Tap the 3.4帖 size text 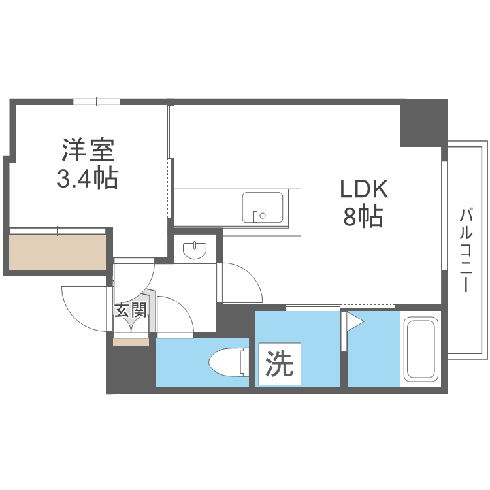pyautogui.click(x=88, y=178)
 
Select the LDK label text pyautogui.click(x=363, y=189)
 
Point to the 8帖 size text pyautogui.click(x=363, y=217)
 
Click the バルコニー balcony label pyautogui.click(x=466, y=250)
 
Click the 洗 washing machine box pyautogui.click(x=279, y=363)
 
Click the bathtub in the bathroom pyautogui.click(x=420, y=350)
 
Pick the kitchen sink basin pyautogui.click(x=263, y=207)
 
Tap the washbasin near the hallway pyautogui.click(x=195, y=250)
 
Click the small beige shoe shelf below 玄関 pyautogui.click(x=131, y=341)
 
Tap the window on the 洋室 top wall pyautogui.click(x=96, y=101)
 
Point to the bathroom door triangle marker pyautogui.click(x=355, y=321)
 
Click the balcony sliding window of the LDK pyautogui.click(x=444, y=215)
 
